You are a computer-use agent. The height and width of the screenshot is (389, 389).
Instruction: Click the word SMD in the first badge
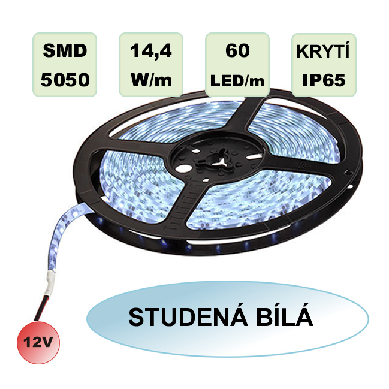pos(65,51)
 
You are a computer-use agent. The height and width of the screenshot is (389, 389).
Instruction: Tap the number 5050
pos(65,80)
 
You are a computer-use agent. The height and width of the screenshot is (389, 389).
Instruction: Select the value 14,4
pos(151,51)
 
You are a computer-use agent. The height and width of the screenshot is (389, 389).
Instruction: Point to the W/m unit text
pos(151,80)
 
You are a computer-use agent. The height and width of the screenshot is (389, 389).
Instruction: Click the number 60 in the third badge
pos(237,50)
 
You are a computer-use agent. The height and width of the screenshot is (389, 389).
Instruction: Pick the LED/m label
pos(237,81)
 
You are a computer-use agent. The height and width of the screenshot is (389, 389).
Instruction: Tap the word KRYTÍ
pos(323,50)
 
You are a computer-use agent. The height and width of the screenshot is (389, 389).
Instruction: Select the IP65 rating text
pos(324,80)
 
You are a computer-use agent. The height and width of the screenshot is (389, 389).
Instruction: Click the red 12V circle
pos(38,343)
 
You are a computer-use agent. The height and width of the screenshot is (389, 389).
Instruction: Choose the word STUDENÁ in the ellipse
pos(188,318)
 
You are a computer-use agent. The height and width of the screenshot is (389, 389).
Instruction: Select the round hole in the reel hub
pos(183,169)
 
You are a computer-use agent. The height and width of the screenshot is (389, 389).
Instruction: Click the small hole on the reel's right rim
pos(349,172)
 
